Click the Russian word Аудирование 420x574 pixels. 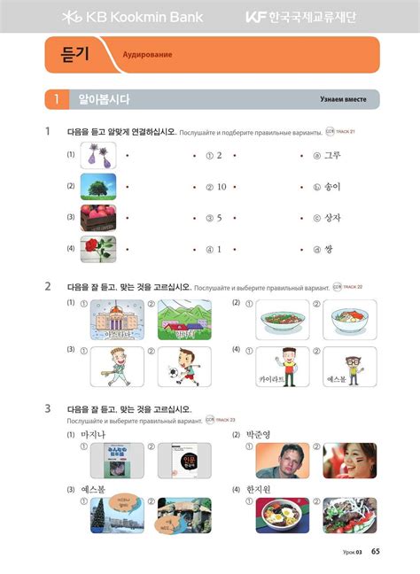(x=147, y=55)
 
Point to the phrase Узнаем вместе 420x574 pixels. (x=342, y=99)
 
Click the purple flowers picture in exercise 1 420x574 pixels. (x=97, y=156)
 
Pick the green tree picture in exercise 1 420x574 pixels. (x=97, y=186)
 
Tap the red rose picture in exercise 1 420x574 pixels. (x=97, y=248)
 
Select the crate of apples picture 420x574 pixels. (x=97, y=217)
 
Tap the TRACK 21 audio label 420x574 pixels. (x=341, y=132)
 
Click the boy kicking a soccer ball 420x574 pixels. (x=184, y=366)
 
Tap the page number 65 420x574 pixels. (x=376, y=553)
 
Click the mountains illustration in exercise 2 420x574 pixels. (x=184, y=319)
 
